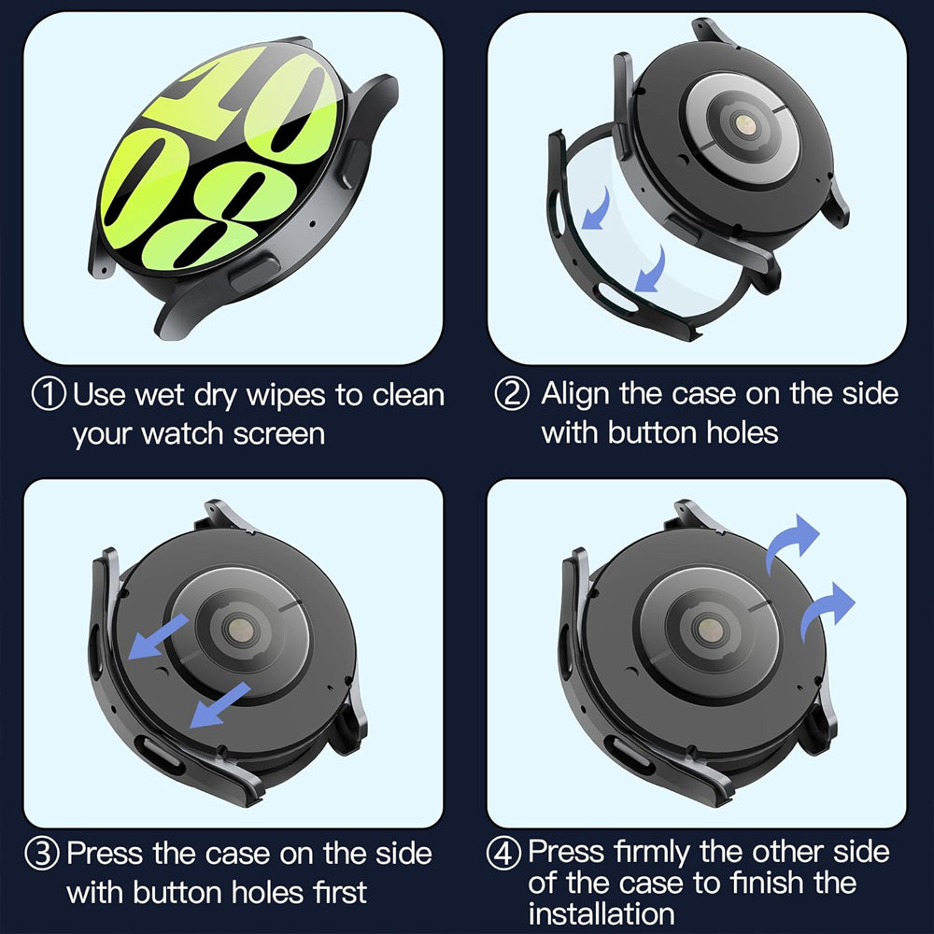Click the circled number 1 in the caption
(49, 394)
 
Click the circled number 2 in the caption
(511, 394)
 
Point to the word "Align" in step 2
(576, 393)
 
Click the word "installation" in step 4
(601, 913)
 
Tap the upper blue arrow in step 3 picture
(162, 636)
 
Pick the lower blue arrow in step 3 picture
(219, 705)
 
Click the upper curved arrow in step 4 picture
(791, 545)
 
